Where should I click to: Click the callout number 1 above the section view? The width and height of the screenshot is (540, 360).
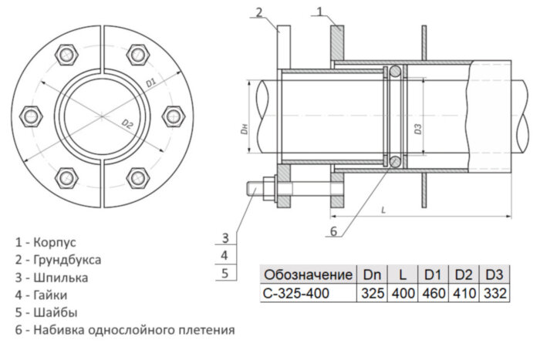click(322, 11)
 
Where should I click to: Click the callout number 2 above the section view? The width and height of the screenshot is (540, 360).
click(260, 11)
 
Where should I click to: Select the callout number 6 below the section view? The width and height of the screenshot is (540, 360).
click(333, 230)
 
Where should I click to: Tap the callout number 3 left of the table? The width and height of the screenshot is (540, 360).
click(224, 237)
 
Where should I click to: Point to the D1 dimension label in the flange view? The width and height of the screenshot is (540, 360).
click(150, 80)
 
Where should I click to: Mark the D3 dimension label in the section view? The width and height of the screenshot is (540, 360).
click(417, 129)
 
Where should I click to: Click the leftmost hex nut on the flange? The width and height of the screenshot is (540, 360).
click(32, 116)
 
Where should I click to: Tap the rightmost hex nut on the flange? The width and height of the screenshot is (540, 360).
click(171, 116)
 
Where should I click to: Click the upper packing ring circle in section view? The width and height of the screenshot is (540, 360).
click(394, 72)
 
